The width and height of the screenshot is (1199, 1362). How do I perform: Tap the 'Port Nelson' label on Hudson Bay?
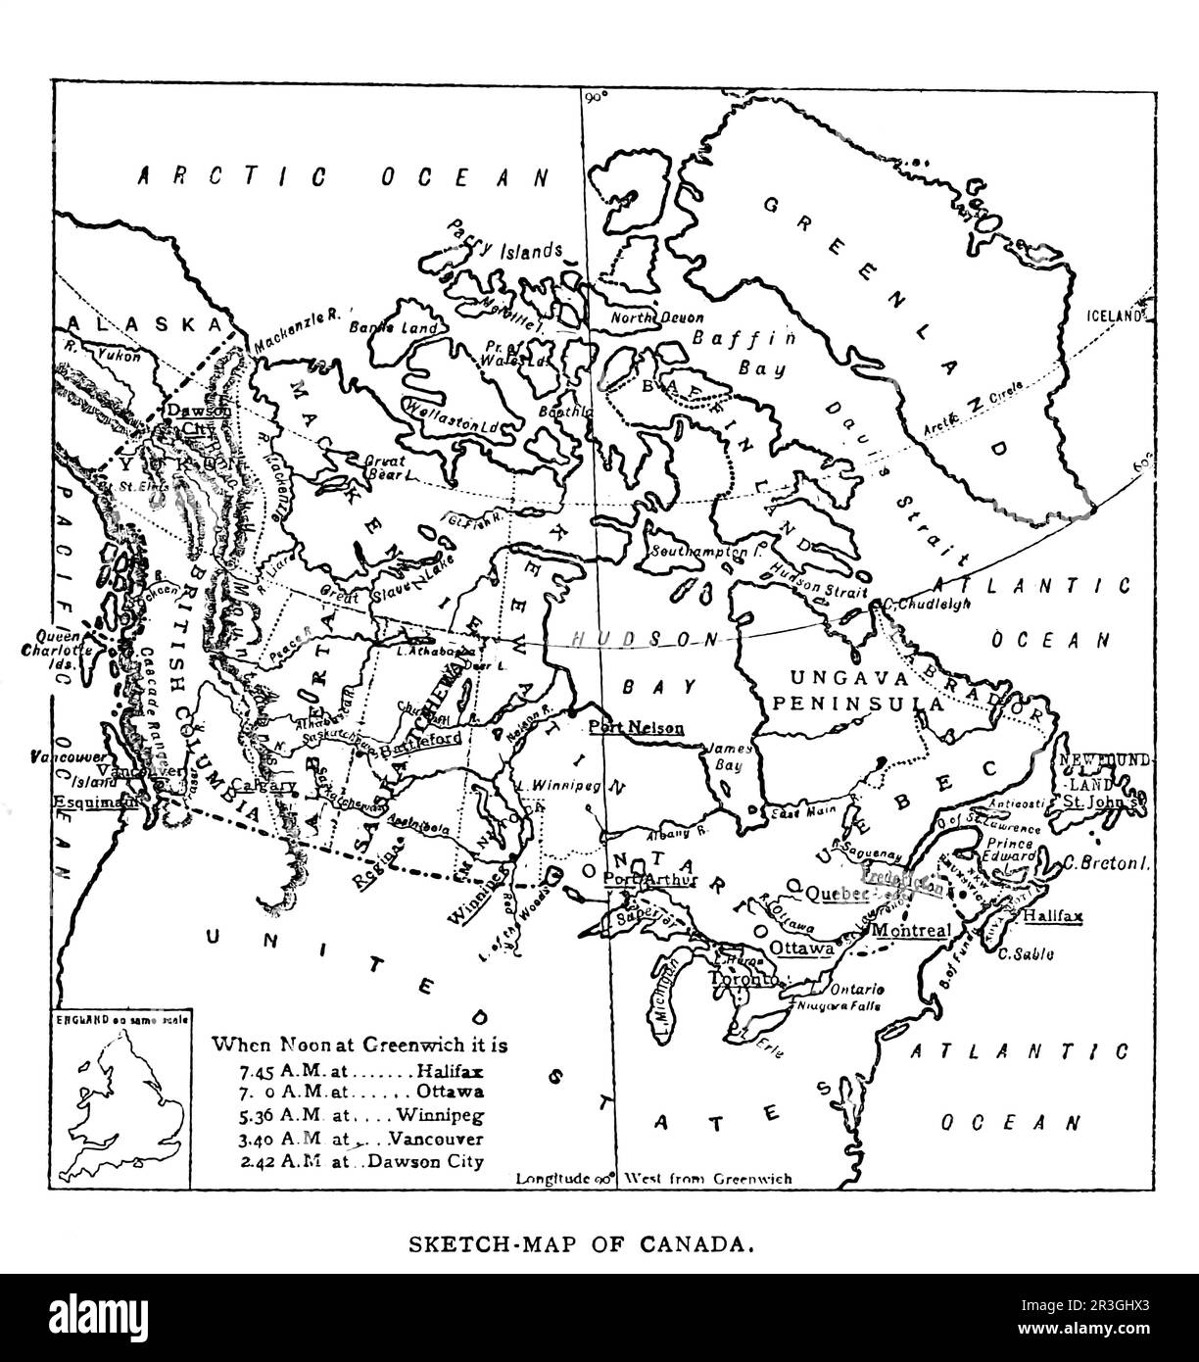636,727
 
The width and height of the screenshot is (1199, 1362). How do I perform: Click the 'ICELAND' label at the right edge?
1116,316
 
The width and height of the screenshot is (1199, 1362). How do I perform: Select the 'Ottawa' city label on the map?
800,949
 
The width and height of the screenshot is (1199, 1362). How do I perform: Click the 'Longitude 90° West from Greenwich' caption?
653,1179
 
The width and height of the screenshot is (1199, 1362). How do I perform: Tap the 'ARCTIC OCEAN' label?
342,176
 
